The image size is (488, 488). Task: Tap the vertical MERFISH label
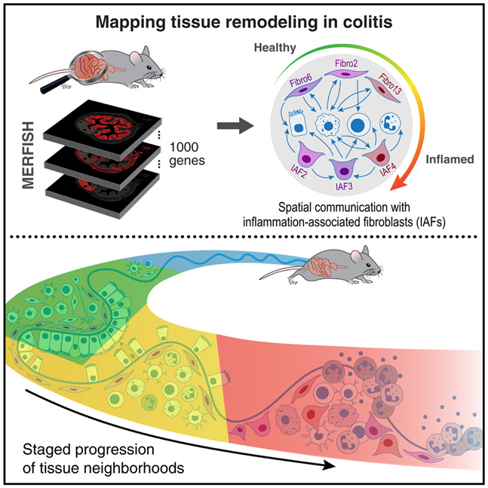point(29,155)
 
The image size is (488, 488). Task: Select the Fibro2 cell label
point(346,63)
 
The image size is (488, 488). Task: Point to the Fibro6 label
point(301,81)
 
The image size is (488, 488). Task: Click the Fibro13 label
point(390,84)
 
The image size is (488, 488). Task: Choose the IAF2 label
point(299,170)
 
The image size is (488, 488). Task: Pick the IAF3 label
point(344,186)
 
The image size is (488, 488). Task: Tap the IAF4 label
point(388,170)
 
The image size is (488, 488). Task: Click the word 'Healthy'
point(275,48)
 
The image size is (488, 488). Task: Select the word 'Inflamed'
point(450,159)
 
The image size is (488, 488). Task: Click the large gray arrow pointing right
point(235,126)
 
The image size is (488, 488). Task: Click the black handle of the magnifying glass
point(54,85)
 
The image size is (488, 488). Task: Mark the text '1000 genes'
point(187,155)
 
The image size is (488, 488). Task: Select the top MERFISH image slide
point(103,128)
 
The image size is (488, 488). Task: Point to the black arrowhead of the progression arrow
point(328,466)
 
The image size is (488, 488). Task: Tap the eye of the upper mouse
point(149,68)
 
